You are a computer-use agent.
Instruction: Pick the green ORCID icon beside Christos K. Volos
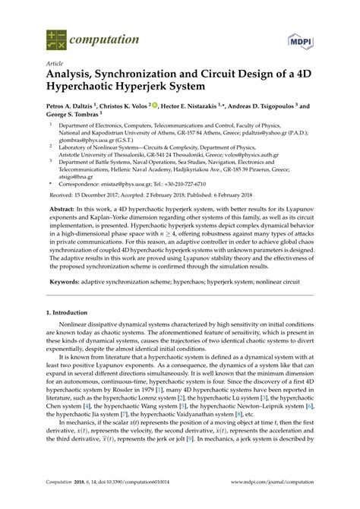tap(156, 106)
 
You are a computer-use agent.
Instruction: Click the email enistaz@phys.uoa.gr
tap(129, 184)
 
